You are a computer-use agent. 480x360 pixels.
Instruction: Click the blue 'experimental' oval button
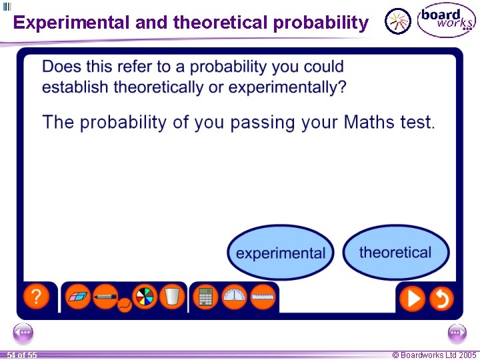click(x=281, y=253)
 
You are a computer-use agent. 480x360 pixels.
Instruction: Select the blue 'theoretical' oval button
click(x=395, y=252)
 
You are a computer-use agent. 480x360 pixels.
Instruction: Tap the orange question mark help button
click(x=37, y=297)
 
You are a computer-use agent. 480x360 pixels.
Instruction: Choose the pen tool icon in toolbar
click(x=105, y=296)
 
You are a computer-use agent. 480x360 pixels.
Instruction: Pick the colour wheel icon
click(x=144, y=296)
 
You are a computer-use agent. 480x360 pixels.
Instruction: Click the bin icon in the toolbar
click(x=171, y=296)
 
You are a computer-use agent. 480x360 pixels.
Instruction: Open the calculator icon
click(x=206, y=297)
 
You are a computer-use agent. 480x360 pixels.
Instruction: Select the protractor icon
click(x=235, y=297)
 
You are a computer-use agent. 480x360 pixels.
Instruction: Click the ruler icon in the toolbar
click(x=263, y=297)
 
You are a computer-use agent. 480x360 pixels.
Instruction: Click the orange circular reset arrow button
click(x=441, y=298)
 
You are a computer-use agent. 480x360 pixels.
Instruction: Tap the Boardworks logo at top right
click(x=446, y=21)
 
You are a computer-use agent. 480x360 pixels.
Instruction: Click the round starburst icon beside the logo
click(x=399, y=21)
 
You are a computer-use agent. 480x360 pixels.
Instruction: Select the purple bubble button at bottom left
click(x=23, y=332)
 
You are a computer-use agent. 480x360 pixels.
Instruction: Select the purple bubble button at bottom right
click(x=457, y=332)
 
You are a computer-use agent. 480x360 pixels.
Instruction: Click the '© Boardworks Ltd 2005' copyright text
click(x=434, y=355)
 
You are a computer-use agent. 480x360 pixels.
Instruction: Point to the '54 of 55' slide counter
click(x=22, y=355)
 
